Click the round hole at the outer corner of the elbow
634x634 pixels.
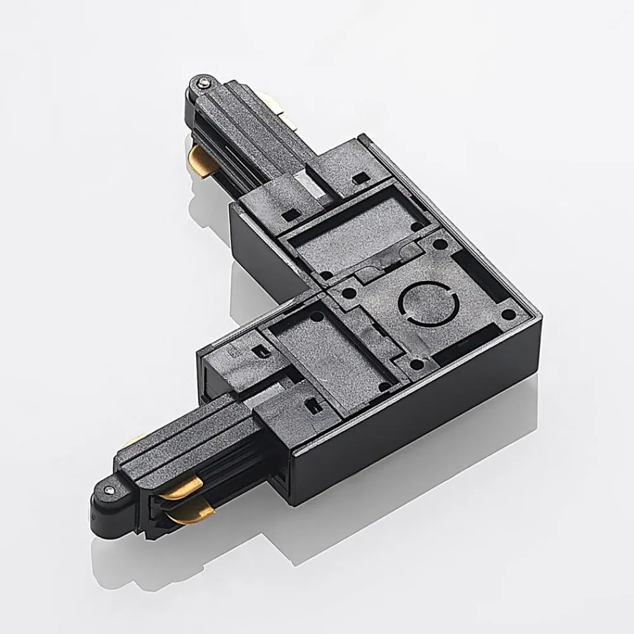[508, 314]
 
